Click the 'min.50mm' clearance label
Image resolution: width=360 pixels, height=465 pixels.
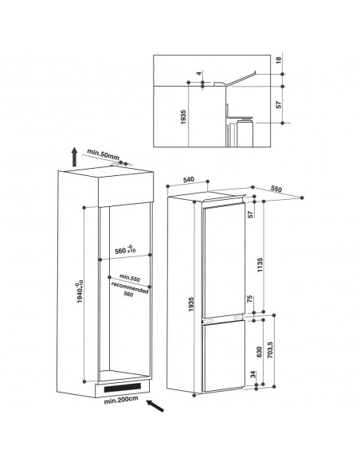(x=103, y=155)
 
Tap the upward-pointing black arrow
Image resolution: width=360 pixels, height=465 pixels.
(x=74, y=157)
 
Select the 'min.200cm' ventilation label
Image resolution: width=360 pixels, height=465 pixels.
(x=121, y=400)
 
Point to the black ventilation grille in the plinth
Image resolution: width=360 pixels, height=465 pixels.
(x=122, y=387)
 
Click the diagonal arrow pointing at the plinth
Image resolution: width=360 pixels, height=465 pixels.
(x=155, y=405)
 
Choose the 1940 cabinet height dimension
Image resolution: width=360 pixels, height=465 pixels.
(x=80, y=291)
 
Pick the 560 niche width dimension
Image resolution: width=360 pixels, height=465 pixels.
(x=125, y=250)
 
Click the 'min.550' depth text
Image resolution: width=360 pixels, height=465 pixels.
(x=130, y=278)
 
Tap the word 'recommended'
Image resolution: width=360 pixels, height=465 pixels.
(x=130, y=287)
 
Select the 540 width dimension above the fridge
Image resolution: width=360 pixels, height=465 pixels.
(x=189, y=179)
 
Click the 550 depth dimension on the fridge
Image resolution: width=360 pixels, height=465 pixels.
(x=276, y=189)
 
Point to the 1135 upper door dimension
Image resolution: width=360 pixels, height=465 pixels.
(x=260, y=265)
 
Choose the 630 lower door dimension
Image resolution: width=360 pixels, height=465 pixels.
(x=259, y=352)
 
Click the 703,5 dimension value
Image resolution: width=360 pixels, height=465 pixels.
(x=270, y=350)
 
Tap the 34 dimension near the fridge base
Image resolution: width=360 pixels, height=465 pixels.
(x=253, y=374)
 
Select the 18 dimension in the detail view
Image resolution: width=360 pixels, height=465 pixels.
(x=278, y=61)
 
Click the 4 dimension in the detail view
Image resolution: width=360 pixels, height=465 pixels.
(x=199, y=73)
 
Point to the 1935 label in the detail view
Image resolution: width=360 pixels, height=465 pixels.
(x=183, y=117)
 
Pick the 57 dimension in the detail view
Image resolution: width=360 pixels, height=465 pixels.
(x=278, y=104)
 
